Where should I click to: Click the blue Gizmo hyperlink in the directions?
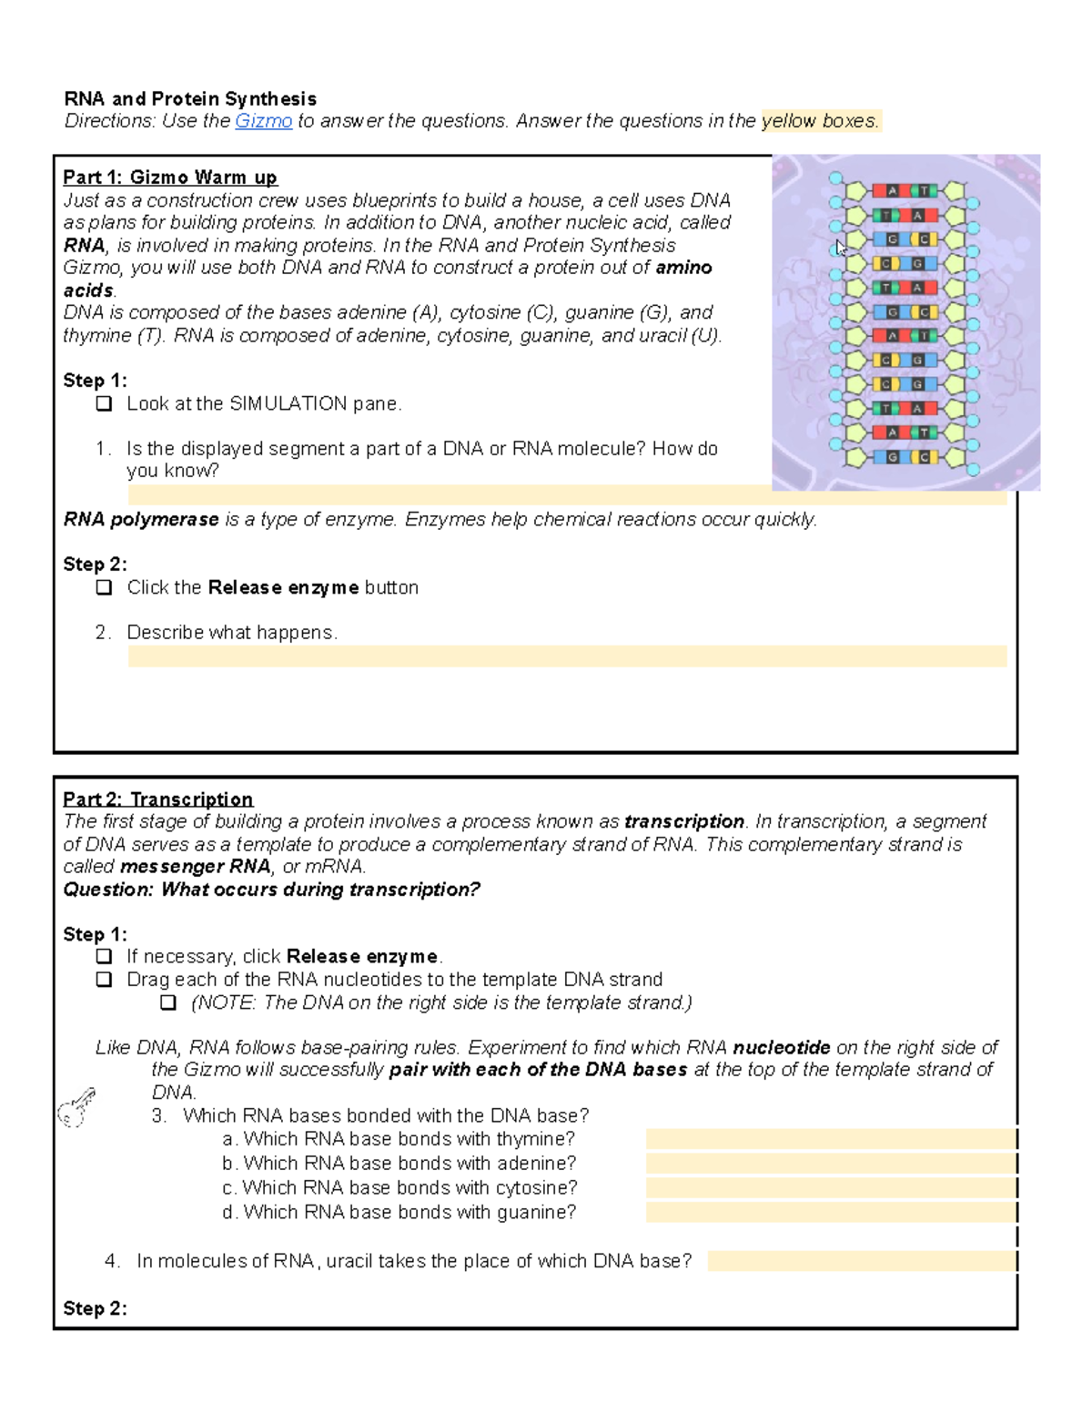pos(263,121)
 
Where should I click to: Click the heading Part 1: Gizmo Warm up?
pos(170,178)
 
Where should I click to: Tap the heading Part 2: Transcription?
pos(157,799)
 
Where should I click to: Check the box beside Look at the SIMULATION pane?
pos(105,403)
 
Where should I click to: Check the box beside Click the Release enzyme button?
pos(105,587)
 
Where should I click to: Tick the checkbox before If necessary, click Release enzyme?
pos(105,956)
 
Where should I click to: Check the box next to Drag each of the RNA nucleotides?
pos(105,980)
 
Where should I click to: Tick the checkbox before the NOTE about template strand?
pos(168,1002)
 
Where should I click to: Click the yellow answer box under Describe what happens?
pos(567,656)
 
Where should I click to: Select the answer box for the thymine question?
pos(831,1139)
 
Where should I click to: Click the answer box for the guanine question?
pos(831,1212)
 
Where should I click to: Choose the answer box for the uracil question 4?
pos(861,1261)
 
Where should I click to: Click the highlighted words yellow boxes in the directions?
pos(820,121)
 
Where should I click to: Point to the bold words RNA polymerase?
pos(141,520)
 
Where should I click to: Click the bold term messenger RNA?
pos(195,867)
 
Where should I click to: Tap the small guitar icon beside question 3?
pos(76,1106)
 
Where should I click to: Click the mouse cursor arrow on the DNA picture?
pos(841,248)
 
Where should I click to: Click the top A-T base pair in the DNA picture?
pos(905,190)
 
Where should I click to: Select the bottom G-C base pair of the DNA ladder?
pos(905,457)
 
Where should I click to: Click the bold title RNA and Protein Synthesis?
pos(190,98)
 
